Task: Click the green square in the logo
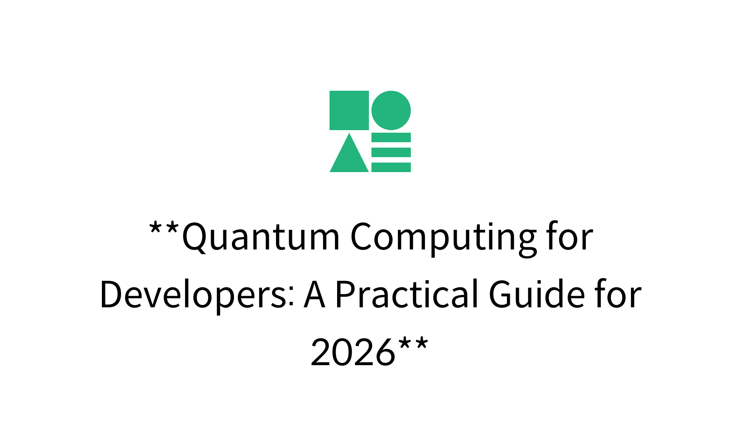349,110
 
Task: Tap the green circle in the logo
391,110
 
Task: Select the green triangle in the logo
349,153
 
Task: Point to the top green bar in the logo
391,137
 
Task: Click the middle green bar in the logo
391,152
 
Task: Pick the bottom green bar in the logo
391,167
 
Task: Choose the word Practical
407,293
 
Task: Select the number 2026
353,352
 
